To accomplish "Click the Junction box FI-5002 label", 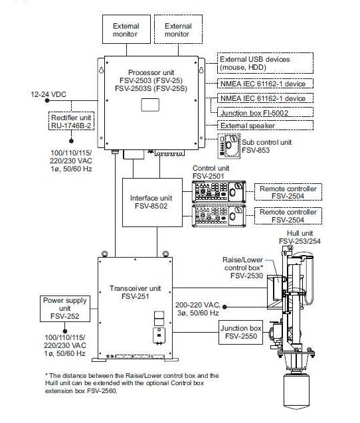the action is pos(254,113).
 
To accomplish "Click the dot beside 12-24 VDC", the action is pos(47,101).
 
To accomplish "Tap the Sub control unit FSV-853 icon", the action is pos(229,146).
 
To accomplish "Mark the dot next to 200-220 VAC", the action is pos(225,307).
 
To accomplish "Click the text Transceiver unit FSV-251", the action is pos(135,292).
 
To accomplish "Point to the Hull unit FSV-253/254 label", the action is pos(300,237).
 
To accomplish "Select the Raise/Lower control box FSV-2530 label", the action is pos(243,268).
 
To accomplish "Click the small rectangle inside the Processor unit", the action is pos(150,105).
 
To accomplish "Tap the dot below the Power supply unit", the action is pos(65,331).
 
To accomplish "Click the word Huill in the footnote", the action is pos(51,383).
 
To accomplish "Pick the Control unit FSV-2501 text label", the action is pos(211,172).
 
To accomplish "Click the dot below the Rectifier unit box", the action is pos(72,141).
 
